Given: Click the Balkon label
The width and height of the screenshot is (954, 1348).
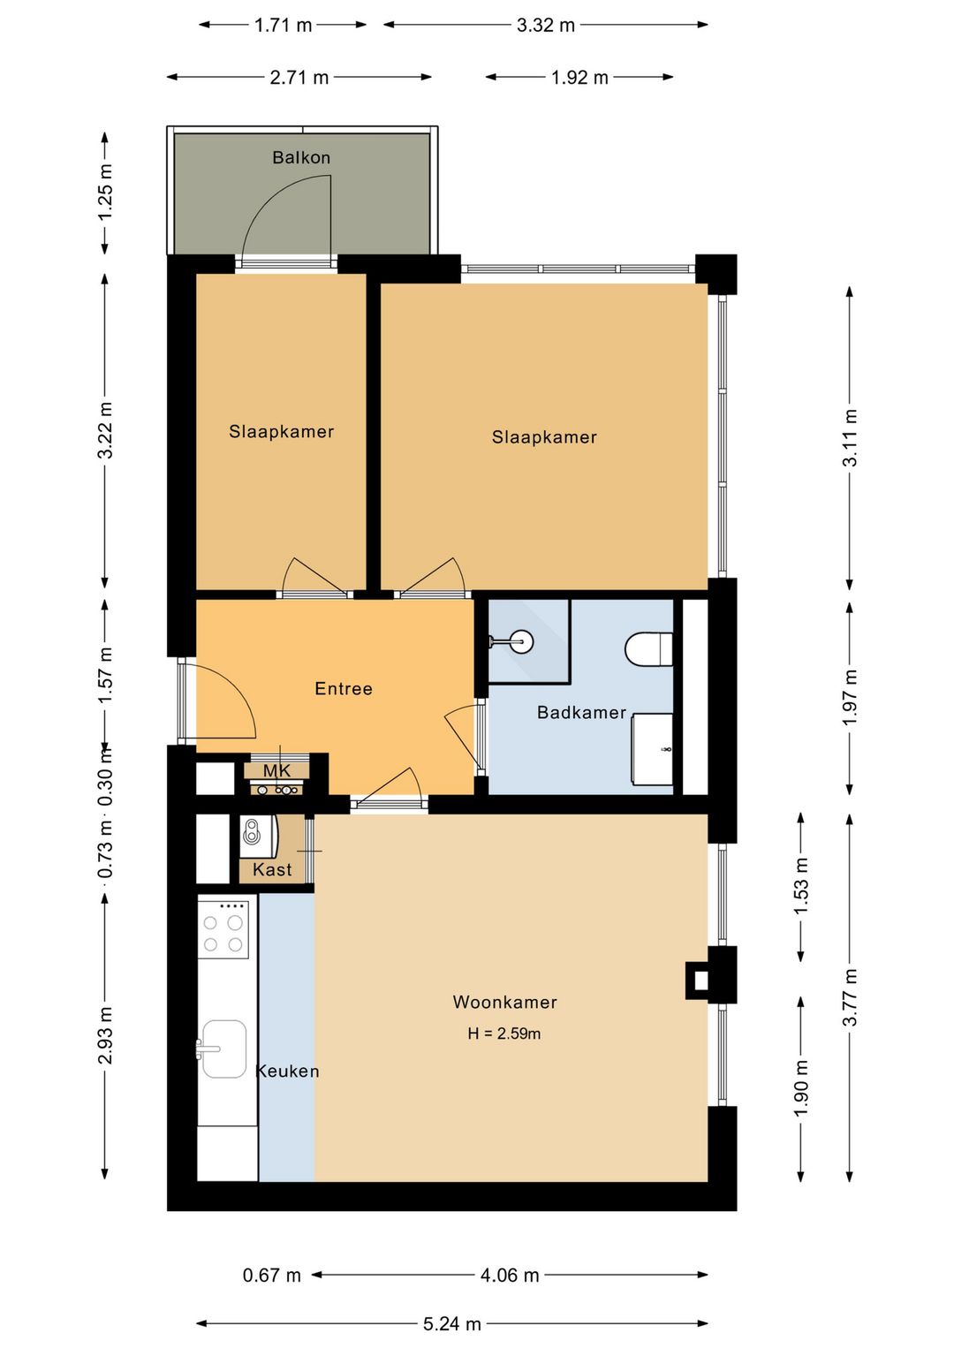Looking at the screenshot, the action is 301,157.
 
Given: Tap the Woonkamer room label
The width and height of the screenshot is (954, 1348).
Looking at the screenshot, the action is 504,1002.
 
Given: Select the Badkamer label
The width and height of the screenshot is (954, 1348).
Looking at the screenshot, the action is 581,713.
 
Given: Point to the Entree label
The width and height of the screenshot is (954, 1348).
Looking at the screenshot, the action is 343,688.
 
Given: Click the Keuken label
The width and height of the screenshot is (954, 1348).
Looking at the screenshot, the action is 288,1071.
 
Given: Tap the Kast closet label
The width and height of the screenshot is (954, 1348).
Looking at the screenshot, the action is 272,869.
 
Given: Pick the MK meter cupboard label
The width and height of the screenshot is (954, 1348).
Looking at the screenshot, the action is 276,770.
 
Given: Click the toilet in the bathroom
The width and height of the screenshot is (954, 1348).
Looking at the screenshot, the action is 649,648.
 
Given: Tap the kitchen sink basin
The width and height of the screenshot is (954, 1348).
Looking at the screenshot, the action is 223,1049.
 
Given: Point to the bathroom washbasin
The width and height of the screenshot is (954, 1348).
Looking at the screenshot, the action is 652,749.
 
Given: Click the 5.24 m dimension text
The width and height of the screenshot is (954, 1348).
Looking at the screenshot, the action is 452,1324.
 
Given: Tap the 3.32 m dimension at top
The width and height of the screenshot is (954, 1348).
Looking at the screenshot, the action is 545,26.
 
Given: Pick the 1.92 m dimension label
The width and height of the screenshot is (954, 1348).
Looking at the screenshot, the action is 579,78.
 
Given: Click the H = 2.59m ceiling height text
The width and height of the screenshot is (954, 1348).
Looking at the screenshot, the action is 504,1034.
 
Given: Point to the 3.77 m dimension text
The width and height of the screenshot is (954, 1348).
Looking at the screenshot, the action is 850,997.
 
